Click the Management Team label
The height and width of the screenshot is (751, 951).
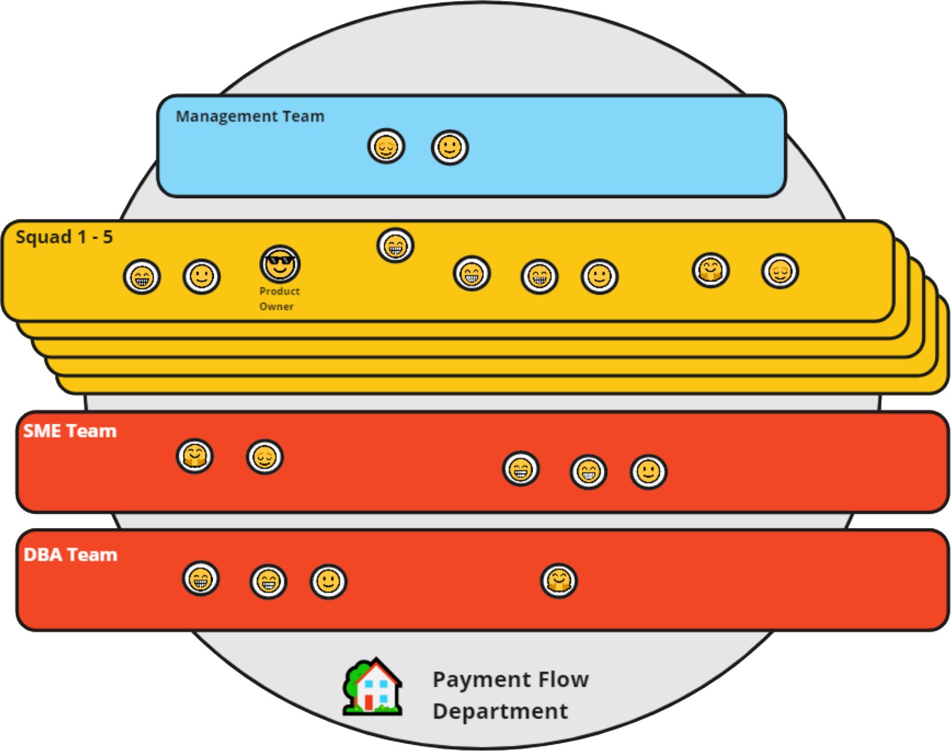click(250, 116)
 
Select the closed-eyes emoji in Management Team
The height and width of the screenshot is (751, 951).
click(386, 146)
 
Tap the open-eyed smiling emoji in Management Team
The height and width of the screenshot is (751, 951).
click(450, 147)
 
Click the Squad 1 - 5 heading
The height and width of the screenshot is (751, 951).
click(64, 237)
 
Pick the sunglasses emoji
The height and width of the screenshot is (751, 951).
click(280, 264)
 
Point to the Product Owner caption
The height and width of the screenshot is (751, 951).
click(279, 299)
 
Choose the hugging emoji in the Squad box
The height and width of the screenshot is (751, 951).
click(710, 270)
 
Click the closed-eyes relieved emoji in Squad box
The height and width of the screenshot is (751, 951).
click(780, 271)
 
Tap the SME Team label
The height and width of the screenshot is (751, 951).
click(70, 431)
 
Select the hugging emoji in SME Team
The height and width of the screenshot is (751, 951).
click(195, 456)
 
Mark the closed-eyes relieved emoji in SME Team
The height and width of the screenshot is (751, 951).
click(265, 457)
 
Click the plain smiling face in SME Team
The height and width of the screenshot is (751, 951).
click(648, 472)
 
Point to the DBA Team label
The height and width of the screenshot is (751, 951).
click(70, 555)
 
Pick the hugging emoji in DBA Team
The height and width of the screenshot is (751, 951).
click(559, 580)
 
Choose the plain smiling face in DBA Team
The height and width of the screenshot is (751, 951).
click(329, 581)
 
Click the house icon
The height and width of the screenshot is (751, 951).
click(378, 687)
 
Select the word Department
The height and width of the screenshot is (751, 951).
click(500, 711)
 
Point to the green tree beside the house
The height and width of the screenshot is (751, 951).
click(353, 680)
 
